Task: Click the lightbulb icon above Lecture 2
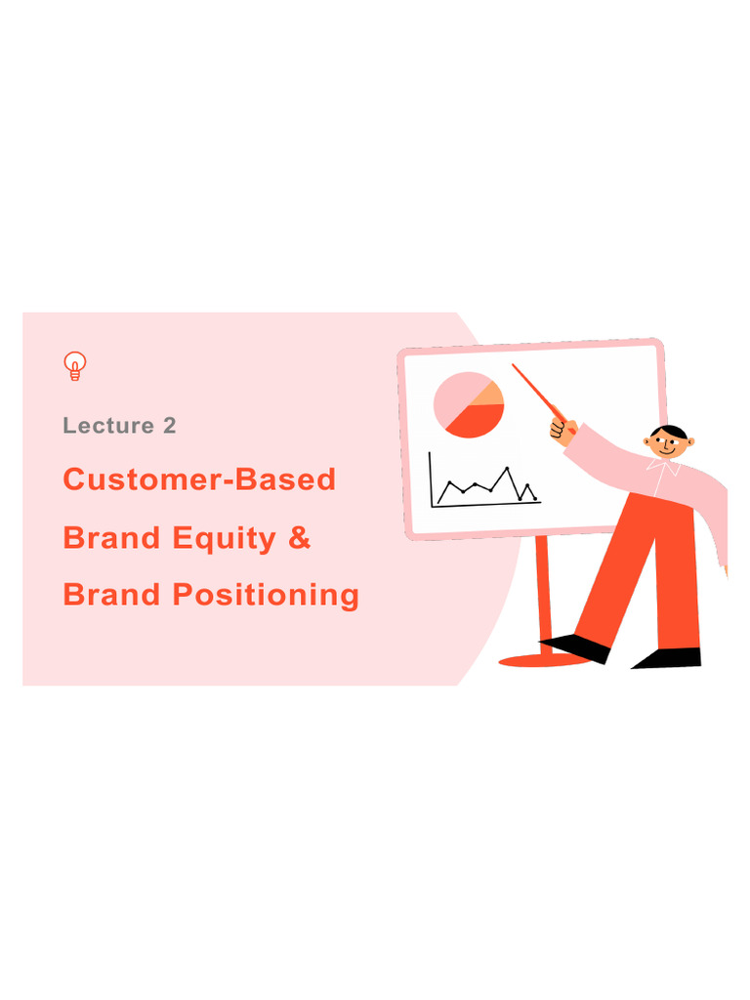pos(74,365)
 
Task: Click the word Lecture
pos(107,426)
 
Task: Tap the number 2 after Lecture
pos(170,426)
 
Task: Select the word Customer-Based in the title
pos(199,479)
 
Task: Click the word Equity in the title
pos(230,537)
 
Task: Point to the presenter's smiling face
pos(668,444)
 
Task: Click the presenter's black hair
pos(671,431)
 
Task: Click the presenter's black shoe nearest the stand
pos(576,646)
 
